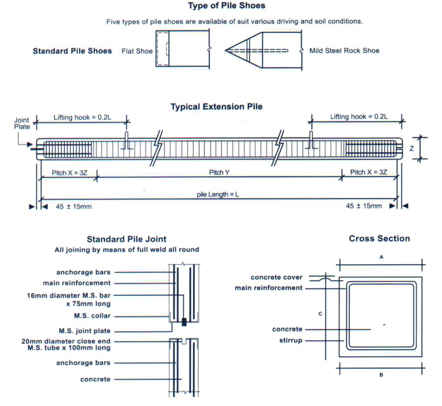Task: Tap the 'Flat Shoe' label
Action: (x=137, y=51)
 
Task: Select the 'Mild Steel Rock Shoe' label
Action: (x=344, y=51)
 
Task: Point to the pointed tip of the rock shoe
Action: (x=226, y=50)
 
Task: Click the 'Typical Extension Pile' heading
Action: (x=216, y=107)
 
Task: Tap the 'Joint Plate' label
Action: (x=21, y=123)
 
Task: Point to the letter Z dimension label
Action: (x=411, y=148)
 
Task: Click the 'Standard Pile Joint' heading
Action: (x=126, y=239)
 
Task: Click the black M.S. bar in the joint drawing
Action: (x=184, y=322)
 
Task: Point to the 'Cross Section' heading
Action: (x=379, y=239)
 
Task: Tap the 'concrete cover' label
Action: (x=276, y=278)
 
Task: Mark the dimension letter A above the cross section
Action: (x=381, y=257)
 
